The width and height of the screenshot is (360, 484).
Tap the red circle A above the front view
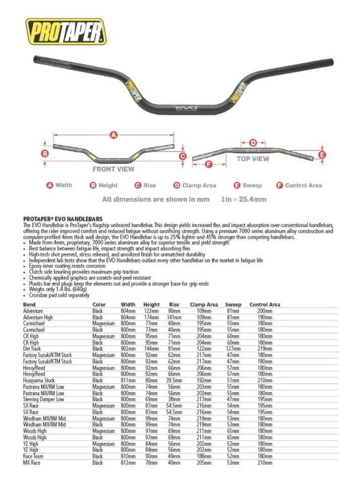coord(113,135)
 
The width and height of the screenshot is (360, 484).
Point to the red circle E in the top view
coord(323,155)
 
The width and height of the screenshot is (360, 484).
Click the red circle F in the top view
coord(209,164)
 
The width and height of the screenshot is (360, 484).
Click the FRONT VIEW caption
coord(113,169)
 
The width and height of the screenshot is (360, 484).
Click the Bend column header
coord(29,305)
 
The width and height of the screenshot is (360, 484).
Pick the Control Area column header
coord(265,305)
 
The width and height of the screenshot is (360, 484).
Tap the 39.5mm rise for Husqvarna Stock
coord(174,380)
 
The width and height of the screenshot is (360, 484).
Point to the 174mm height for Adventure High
coord(151,317)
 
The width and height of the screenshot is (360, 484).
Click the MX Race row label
coord(32,462)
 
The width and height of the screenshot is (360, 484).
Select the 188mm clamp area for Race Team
coord(204,456)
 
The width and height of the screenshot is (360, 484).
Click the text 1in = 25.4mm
coord(244,200)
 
